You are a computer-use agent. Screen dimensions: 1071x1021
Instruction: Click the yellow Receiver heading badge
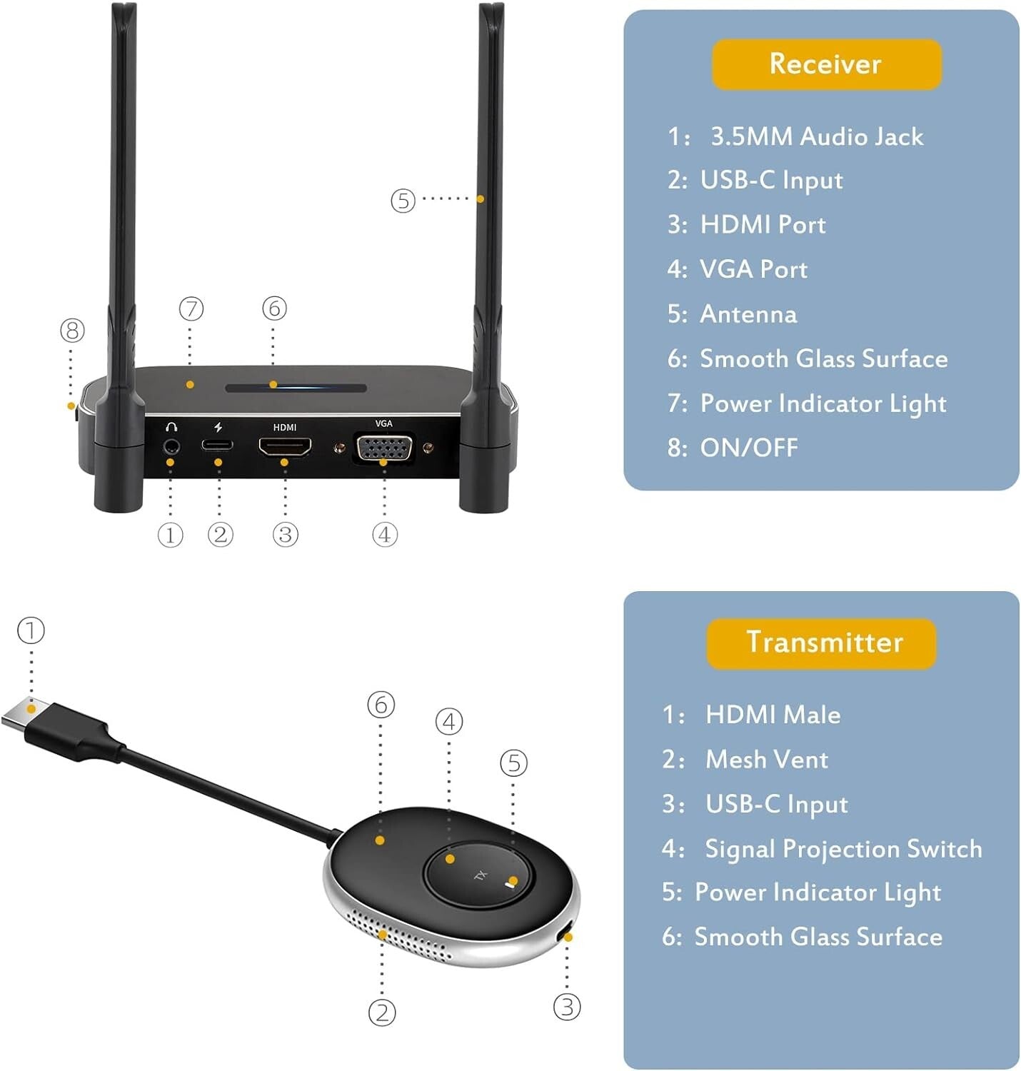[826, 64]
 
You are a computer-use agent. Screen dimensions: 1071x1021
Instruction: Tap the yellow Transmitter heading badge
[821, 643]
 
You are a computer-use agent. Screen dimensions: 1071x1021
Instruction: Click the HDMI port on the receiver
[285, 447]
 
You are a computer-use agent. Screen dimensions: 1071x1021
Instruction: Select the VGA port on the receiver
[384, 448]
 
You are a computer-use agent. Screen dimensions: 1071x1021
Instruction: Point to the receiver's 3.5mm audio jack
[171, 447]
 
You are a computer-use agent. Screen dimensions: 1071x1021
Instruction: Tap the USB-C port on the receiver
[217, 446]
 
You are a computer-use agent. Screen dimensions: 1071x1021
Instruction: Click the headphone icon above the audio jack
[171, 427]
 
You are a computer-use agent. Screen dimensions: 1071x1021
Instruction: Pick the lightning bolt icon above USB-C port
[218, 427]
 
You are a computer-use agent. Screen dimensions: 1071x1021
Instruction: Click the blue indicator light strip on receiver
[296, 388]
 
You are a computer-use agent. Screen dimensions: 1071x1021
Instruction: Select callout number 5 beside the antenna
[403, 201]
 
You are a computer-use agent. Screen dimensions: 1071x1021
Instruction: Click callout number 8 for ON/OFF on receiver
[72, 331]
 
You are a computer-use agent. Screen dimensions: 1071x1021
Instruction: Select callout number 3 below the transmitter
[567, 1007]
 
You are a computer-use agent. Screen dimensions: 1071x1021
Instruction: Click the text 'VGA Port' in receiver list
[753, 269]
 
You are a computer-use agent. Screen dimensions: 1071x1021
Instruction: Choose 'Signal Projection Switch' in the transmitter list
[843, 848]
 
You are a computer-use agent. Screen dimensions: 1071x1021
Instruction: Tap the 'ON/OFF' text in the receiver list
[749, 448]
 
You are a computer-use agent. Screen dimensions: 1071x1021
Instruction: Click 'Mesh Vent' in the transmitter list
[766, 759]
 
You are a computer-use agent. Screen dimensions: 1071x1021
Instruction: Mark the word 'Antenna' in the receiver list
[748, 314]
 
